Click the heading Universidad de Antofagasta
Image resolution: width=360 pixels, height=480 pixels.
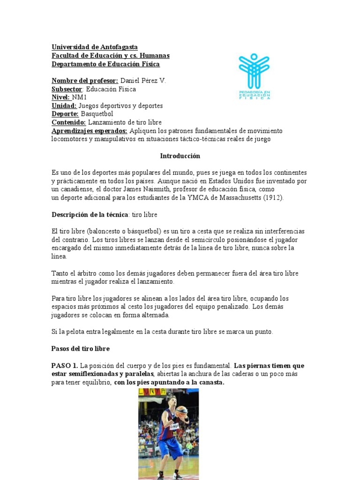coord(94,47)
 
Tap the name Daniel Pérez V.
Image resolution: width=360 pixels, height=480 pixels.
coord(143,81)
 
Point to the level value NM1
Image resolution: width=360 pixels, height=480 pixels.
coord(80,97)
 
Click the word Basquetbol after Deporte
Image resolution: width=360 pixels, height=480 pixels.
coord(97,114)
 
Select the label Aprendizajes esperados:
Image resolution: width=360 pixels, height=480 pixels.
coord(89,131)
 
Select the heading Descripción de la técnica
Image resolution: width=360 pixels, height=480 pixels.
coord(89,214)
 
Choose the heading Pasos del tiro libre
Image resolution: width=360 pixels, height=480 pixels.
coord(81,349)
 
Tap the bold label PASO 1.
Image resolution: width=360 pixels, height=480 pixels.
coord(65,365)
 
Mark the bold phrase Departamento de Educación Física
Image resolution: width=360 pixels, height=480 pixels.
coord(105,64)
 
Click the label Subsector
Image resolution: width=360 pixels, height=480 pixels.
coord(67,89)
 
